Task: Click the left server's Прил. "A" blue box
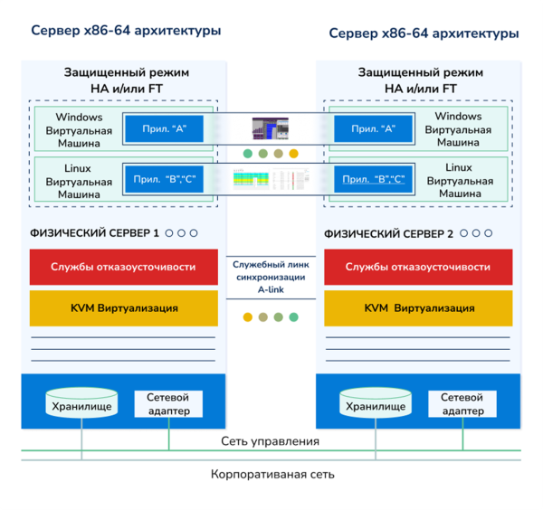click(159, 129)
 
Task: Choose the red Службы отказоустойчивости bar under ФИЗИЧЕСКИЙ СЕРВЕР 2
click(418, 267)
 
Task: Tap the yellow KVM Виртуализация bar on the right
click(418, 308)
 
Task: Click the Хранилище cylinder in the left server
click(81, 403)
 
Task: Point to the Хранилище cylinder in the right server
click(376, 403)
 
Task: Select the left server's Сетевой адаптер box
click(168, 403)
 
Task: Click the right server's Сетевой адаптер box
click(462, 403)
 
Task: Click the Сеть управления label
click(270, 441)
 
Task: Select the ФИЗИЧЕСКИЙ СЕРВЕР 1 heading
click(95, 233)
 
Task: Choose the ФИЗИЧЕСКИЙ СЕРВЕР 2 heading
click(389, 233)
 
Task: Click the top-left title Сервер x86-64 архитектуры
click(126, 31)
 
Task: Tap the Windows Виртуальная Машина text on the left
click(79, 129)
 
